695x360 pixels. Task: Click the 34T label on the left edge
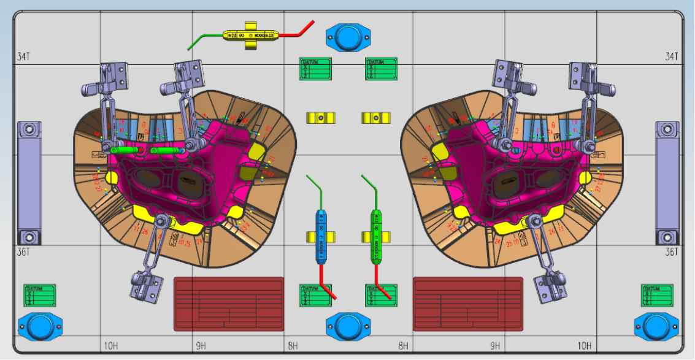pyautogui.click(x=24, y=56)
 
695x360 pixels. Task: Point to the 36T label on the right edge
pyautogui.click(x=672, y=252)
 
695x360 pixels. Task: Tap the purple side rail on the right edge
pyautogui.click(x=667, y=182)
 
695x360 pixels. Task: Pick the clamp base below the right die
pyautogui.click(x=548, y=286)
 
